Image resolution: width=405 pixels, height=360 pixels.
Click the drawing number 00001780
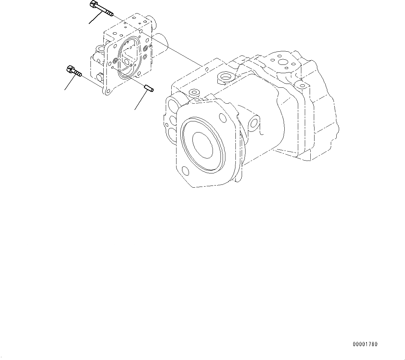pos(365,344)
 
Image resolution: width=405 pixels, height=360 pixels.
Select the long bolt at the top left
pos(102,9)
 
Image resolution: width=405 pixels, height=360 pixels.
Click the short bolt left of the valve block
pos(73,71)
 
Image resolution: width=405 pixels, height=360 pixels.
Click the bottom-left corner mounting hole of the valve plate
pos(107,92)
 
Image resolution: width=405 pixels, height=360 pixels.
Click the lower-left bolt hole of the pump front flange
pos(186,171)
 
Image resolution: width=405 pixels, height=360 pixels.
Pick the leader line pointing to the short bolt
pos(70,83)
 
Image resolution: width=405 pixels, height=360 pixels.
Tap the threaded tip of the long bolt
pos(110,14)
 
